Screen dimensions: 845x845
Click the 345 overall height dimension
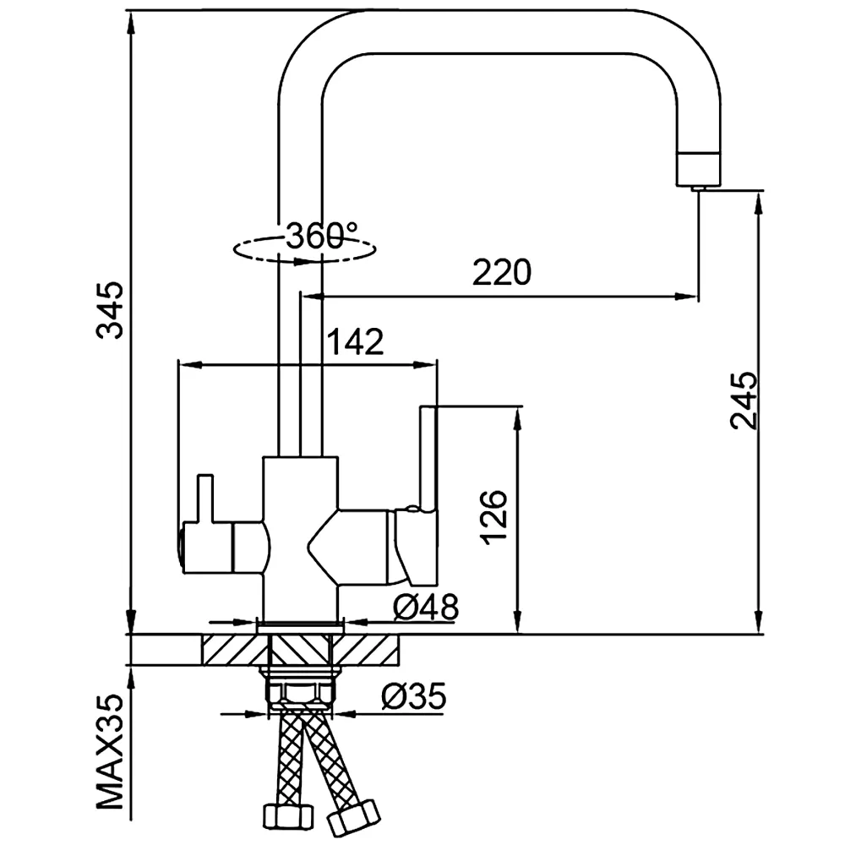point(110,310)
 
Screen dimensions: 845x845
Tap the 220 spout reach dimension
point(502,272)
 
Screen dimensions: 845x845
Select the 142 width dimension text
point(356,341)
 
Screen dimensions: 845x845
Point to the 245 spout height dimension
point(744,400)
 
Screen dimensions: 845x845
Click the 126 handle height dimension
point(493,517)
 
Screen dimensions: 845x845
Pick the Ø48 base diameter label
point(426,607)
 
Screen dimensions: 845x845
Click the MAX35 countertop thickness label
point(110,752)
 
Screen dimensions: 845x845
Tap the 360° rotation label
point(322,236)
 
